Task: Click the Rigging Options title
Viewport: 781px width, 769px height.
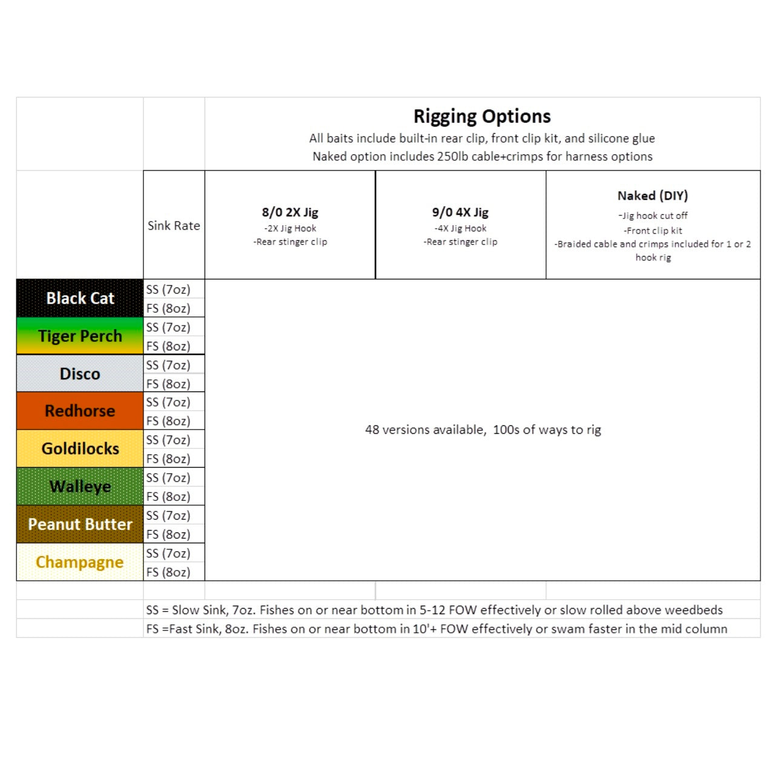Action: (x=482, y=116)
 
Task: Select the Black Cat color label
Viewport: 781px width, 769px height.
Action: (x=80, y=298)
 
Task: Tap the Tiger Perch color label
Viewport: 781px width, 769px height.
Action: (x=80, y=336)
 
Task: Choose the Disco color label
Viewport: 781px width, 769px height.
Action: (x=80, y=374)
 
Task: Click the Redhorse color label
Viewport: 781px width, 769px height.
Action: (x=80, y=411)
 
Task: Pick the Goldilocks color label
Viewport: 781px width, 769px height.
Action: (x=80, y=448)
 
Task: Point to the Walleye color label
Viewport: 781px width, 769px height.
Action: (x=80, y=486)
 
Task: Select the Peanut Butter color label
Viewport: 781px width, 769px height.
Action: (x=80, y=524)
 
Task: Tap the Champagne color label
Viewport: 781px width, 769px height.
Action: (x=80, y=562)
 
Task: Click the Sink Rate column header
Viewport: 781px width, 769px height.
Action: (x=174, y=226)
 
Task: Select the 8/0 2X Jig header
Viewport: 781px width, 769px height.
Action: (x=290, y=212)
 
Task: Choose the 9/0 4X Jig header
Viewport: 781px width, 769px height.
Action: (x=460, y=212)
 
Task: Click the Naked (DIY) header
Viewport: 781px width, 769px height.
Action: (x=653, y=196)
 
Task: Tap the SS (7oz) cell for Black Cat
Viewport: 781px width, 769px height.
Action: (x=168, y=289)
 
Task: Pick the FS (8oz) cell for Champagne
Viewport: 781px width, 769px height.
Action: (x=168, y=572)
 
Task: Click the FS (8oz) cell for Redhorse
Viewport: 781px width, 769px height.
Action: (x=168, y=420)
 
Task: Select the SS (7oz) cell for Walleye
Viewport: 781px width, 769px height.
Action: (x=168, y=477)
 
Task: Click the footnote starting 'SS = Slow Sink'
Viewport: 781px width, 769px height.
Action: (x=434, y=610)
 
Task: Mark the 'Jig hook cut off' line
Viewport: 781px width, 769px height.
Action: (x=653, y=215)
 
